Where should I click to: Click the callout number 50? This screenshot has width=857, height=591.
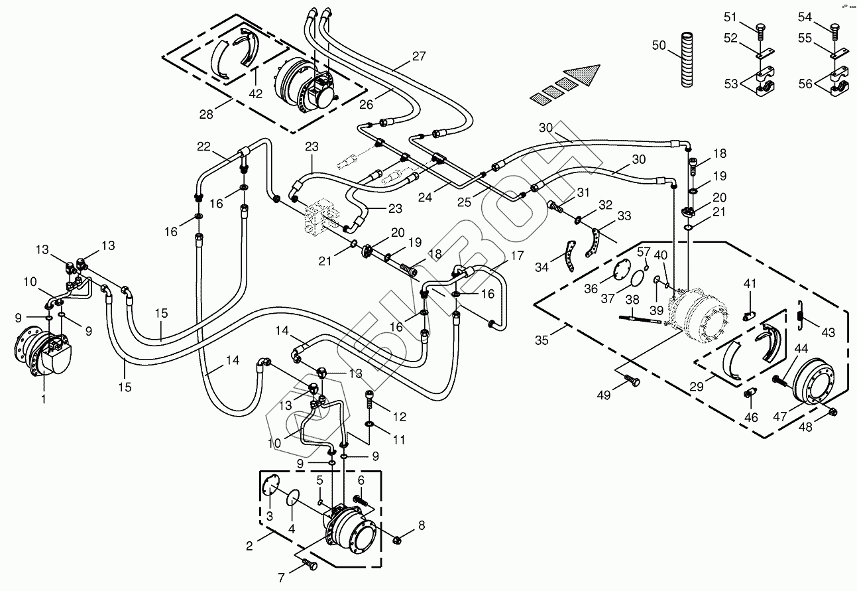(658, 45)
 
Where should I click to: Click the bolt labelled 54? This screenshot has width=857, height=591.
(834, 27)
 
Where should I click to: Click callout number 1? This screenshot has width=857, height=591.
(44, 399)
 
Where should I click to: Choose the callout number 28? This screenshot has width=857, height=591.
(206, 114)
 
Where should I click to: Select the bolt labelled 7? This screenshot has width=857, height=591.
(309, 564)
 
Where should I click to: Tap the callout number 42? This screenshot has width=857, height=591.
(256, 94)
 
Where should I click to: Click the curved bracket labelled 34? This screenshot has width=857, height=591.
(570, 257)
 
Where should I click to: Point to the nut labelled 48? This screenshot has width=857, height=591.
(832, 414)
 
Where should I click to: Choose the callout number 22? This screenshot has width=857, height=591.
(203, 146)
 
